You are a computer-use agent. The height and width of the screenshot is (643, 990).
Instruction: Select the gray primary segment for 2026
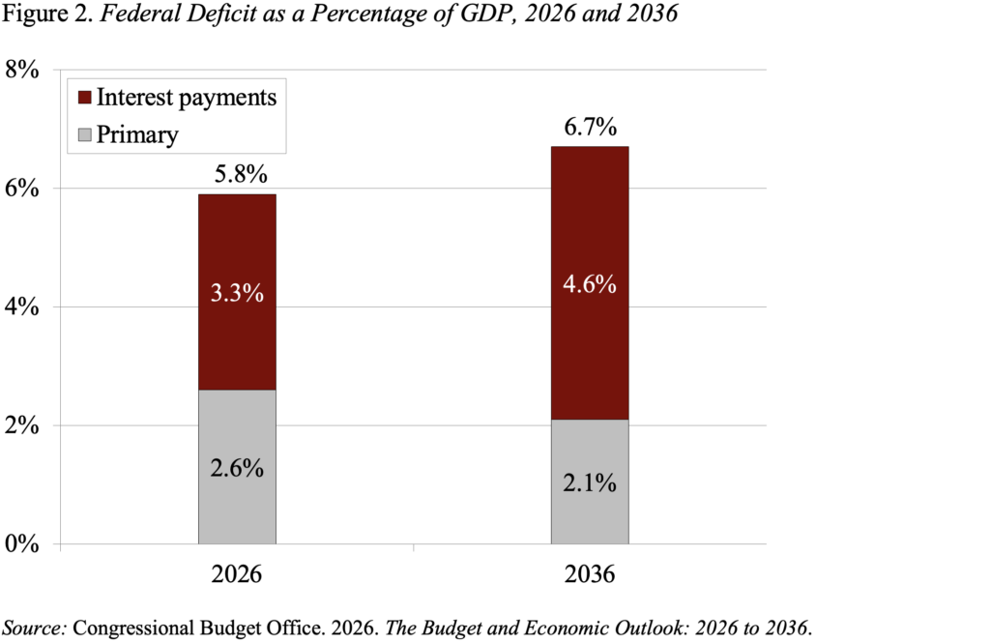pos(237,503)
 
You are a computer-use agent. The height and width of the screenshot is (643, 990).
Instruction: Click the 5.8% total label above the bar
pos(238,175)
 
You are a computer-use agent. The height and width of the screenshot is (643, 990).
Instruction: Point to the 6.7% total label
pos(590,127)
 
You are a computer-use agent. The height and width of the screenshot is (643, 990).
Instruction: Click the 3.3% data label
pos(238,293)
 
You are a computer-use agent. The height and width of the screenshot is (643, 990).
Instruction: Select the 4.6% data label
pos(590,286)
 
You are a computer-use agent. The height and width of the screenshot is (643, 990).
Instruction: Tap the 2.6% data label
pos(238,468)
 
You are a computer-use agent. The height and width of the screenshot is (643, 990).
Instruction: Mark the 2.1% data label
pos(590,482)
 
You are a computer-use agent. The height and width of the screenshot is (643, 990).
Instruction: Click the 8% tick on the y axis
pos(23,71)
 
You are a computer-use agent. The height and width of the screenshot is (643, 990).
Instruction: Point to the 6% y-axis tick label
pos(23,189)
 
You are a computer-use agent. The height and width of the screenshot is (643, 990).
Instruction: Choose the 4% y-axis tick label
pos(23,307)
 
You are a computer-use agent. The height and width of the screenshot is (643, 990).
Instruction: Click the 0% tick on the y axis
pos(23,544)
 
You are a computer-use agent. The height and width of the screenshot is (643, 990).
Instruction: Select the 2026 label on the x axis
pos(238,575)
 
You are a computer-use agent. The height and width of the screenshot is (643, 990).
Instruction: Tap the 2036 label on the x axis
pos(590,575)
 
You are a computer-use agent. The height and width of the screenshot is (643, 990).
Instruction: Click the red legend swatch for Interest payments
pos(84,98)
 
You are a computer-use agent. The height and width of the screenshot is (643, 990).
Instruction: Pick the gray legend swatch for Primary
pos(84,133)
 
